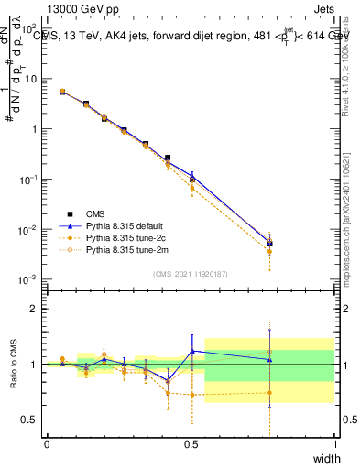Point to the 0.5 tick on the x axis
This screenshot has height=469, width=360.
[191, 444]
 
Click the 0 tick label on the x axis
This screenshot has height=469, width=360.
[47, 444]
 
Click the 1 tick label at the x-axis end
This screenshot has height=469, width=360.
[335, 444]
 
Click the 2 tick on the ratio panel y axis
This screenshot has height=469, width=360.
[35, 309]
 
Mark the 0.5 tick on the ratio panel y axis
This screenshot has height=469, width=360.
[29, 420]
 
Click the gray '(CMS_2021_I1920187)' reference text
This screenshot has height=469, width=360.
[190, 273]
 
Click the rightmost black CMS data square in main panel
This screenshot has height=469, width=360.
[268, 243]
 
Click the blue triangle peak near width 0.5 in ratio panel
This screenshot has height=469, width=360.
[191, 351]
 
